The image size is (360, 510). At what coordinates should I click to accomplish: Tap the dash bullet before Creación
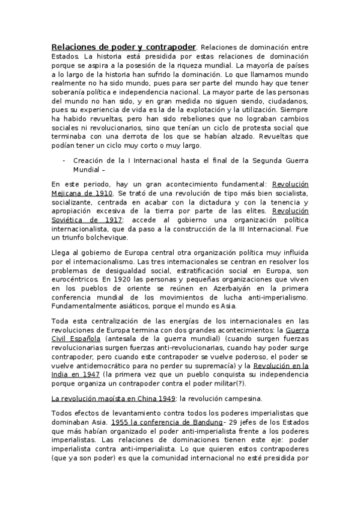pos(64,161)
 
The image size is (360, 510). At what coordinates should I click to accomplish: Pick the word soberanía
pos(69,93)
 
